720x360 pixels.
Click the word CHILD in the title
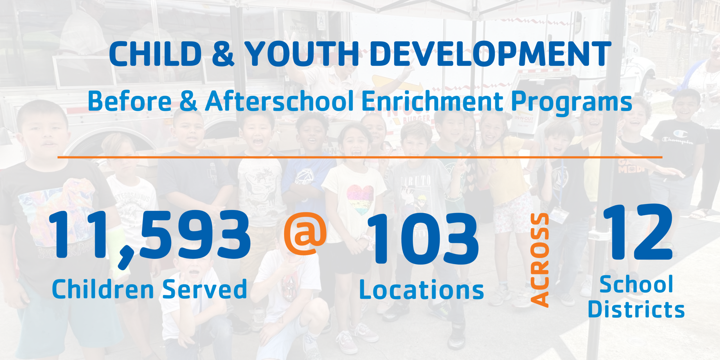pos(156,54)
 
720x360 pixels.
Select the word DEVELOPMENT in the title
pos(491,54)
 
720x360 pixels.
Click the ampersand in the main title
pos(223,54)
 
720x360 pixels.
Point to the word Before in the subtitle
pos(130,101)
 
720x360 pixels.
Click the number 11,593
pos(149,236)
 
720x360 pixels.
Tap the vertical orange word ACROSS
pos(539,260)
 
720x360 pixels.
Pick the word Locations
pos(422,289)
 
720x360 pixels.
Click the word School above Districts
pos(636,284)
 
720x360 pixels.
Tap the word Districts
pos(636,309)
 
